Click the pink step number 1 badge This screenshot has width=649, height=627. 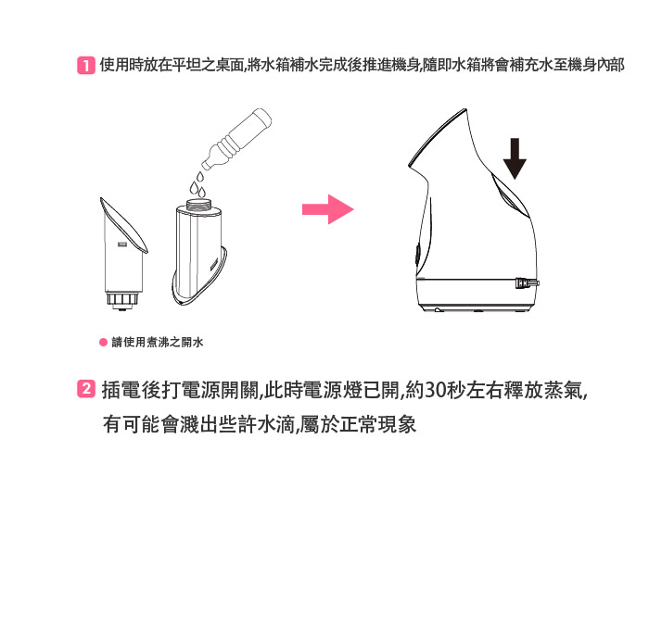click(x=85, y=66)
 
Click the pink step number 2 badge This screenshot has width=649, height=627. click(x=85, y=389)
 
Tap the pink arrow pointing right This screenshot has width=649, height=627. click(x=328, y=209)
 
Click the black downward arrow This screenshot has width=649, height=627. click(x=515, y=158)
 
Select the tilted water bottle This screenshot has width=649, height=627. click(x=236, y=139)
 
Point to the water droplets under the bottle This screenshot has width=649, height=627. click(x=197, y=184)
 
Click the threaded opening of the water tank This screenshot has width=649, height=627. click(x=199, y=205)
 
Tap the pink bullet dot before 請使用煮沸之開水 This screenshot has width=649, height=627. click(x=104, y=343)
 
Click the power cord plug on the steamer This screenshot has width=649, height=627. click(x=527, y=283)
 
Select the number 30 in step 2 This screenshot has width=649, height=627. click(x=436, y=390)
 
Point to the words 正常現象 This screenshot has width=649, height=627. click(x=378, y=425)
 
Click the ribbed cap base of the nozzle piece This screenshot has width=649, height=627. click(x=122, y=299)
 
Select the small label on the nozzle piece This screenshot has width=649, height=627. click(x=121, y=245)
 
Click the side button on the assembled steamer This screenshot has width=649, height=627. click(x=417, y=255)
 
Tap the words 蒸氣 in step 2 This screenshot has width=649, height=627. click(x=564, y=390)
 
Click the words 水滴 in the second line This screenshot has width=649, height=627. click(x=275, y=425)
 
